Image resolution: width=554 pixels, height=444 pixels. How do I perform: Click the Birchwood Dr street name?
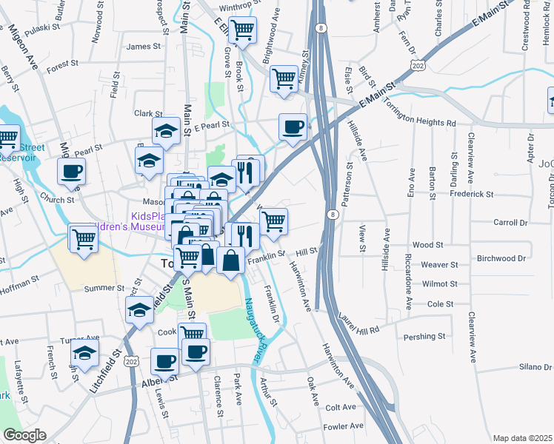(x=501, y=259)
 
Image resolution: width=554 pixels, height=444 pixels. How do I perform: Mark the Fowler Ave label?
(x=343, y=426)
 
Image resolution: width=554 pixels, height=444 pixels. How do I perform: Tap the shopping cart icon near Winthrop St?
(x=242, y=30)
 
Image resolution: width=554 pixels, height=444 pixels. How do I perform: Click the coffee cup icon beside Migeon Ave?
(x=72, y=172)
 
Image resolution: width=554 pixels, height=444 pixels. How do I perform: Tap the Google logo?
(x=24, y=435)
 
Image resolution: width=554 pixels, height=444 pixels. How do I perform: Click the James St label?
(x=144, y=47)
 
